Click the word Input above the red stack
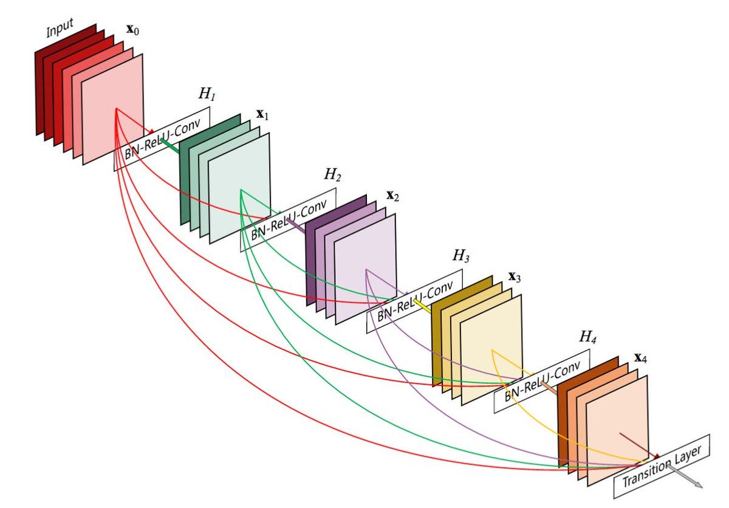[60, 28]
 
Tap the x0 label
[132, 30]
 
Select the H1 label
[207, 94]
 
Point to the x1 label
[262, 115]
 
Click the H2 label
[332, 175]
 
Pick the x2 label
[392, 196]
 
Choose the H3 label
[461, 256]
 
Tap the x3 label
[515, 277]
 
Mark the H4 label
[587, 337]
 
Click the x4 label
[640, 358]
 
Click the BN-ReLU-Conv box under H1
[162, 139]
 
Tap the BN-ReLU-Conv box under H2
[289, 220]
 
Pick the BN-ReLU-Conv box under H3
[414, 301]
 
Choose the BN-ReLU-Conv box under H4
[542, 382]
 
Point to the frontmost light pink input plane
[112, 109]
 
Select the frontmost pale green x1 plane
[239, 188]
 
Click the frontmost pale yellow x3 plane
[491, 350]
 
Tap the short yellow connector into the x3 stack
[422, 306]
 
